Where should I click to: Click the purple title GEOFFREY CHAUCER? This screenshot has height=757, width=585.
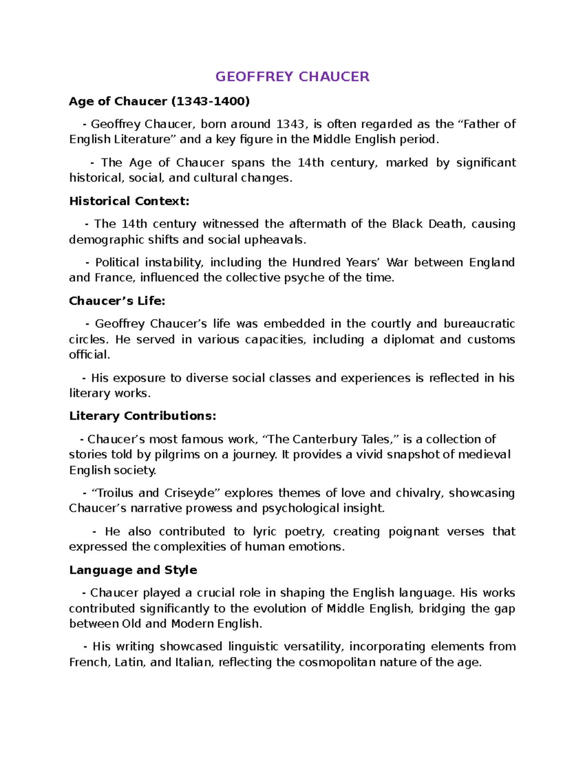[x=292, y=77]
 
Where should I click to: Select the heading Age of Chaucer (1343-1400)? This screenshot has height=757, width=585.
[x=159, y=101]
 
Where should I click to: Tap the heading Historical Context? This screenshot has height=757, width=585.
[x=129, y=201]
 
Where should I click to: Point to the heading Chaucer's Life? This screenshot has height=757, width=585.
[x=117, y=301]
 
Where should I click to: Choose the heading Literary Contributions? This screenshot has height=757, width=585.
[x=142, y=416]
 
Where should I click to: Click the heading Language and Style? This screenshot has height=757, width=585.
[x=133, y=570]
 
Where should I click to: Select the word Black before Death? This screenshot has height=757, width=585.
[x=407, y=224]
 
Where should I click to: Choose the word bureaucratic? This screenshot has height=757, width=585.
[x=479, y=324]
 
